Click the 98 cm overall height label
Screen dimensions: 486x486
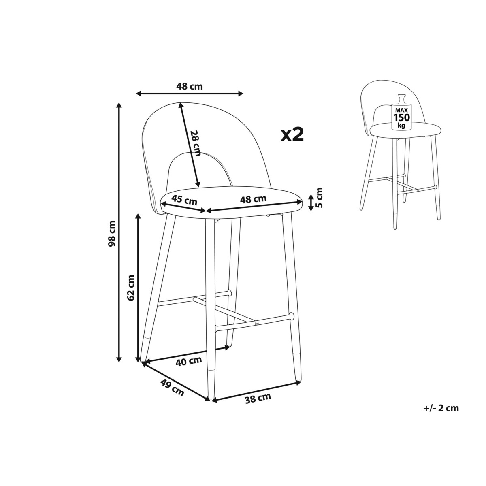pos(112,234)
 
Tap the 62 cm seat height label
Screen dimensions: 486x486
pos(131,288)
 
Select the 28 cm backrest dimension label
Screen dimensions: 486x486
pos(195,143)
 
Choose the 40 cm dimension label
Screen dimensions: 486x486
pos(189,361)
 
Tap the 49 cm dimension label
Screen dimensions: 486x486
pos(172,387)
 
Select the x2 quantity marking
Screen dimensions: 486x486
pos(292,134)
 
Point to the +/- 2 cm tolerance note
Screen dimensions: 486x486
pos(441,415)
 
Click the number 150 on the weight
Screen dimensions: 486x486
pos(402,117)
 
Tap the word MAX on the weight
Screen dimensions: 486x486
pos(402,111)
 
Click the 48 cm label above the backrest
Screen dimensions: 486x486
pos(190,87)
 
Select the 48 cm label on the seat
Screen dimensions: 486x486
pos(253,199)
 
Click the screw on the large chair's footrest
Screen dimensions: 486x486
pos(257,324)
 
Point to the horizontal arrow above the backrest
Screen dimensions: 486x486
pos(190,94)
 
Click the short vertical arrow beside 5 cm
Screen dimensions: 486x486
pos(311,202)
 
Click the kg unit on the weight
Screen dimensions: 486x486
pos(402,125)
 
